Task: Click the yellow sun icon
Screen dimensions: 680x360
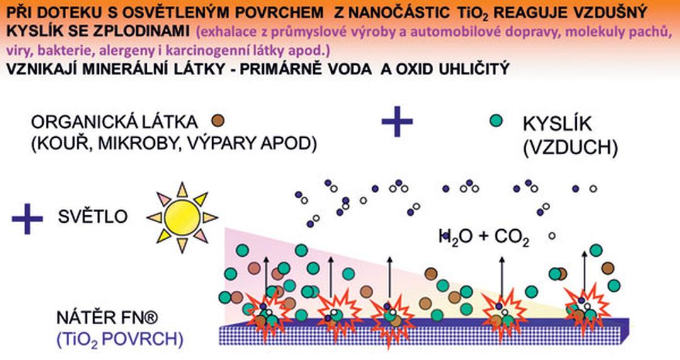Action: (x=182, y=217)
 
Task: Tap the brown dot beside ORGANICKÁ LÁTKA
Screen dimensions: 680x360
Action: (x=218, y=121)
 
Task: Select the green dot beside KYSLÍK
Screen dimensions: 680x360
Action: (x=496, y=121)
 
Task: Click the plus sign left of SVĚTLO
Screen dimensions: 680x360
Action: (x=27, y=218)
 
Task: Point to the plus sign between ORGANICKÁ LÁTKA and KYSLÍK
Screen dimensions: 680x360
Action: (x=397, y=121)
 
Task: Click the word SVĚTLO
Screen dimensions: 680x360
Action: (x=93, y=217)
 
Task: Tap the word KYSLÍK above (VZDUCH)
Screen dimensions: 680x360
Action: (x=557, y=123)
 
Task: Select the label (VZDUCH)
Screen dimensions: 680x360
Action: (x=570, y=148)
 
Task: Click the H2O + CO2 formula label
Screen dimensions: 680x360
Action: (x=484, y=238)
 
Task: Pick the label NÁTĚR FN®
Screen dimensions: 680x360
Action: (x=107, y=318)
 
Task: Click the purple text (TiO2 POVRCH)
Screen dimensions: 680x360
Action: (x=120, y=339)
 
